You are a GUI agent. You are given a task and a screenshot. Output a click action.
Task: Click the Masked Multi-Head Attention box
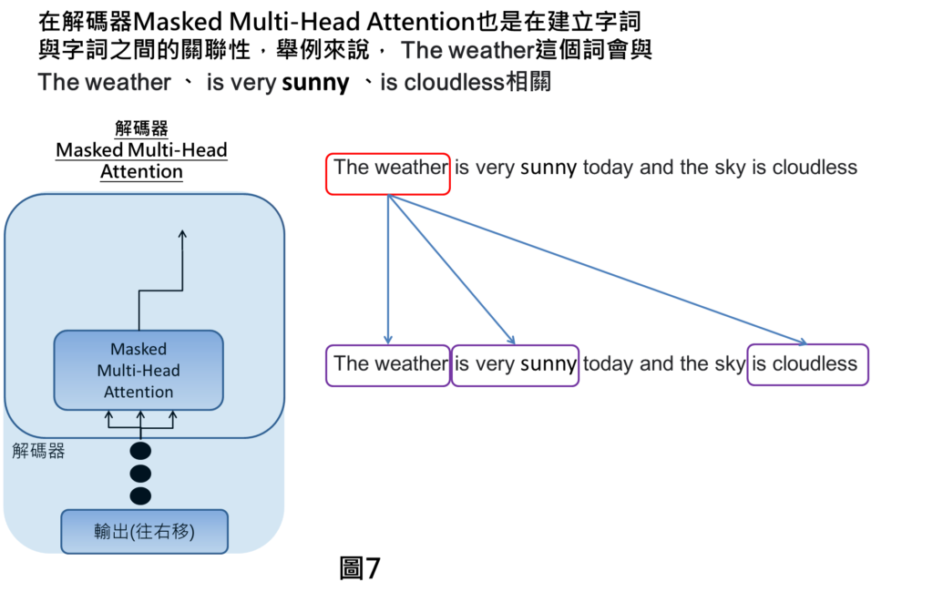click(x=138, y=371)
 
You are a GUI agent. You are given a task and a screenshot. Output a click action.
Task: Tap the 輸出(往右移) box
click(x=144, y=532)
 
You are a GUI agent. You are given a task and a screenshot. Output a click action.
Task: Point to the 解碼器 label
click(x=39, y=452)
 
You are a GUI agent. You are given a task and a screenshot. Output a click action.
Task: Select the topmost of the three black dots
click(x=140, y=451)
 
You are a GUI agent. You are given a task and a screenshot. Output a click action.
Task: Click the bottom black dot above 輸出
click(x=140, y=496)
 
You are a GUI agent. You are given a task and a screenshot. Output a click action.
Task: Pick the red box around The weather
click(x=388, y=174)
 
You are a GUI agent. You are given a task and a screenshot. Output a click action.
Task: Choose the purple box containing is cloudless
click(x=807, y=365)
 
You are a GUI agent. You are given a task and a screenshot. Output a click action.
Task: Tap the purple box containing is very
click(x=515, y=365)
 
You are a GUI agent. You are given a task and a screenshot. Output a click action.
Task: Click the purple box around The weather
click(x=388, y=365)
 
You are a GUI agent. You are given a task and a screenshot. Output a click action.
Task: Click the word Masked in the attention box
click(x=138, y=349)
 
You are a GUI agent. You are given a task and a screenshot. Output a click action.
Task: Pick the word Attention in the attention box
click(x=138, y=393)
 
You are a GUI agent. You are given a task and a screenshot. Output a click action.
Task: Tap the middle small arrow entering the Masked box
click(x=141, y=419)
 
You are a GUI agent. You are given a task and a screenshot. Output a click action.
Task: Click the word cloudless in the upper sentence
click(x=815, y=168)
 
